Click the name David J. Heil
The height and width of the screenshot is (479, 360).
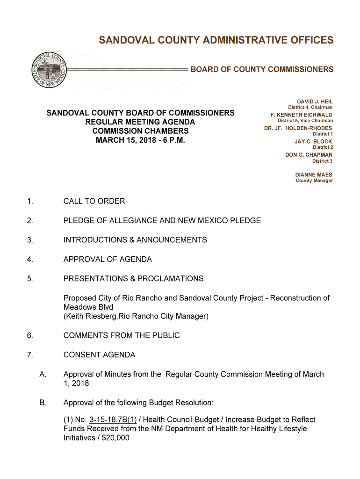[315, 102]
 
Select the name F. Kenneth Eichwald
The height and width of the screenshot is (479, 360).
[302, 115]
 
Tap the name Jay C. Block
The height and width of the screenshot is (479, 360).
[313, 141]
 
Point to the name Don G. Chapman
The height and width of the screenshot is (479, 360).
[309, 155]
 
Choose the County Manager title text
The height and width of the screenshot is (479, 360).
[314, 181]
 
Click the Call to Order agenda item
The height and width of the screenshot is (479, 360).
[94, 201]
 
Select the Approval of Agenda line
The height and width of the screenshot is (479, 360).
[108, 259]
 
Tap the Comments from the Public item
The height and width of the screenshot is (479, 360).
[122, 335]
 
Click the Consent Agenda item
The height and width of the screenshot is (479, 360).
[99, 355]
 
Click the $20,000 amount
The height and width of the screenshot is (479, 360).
[113, 438]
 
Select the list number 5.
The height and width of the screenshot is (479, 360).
[30, 278]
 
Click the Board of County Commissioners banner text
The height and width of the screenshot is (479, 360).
[262, 69]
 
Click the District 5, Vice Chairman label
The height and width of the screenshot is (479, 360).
[305, 121]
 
